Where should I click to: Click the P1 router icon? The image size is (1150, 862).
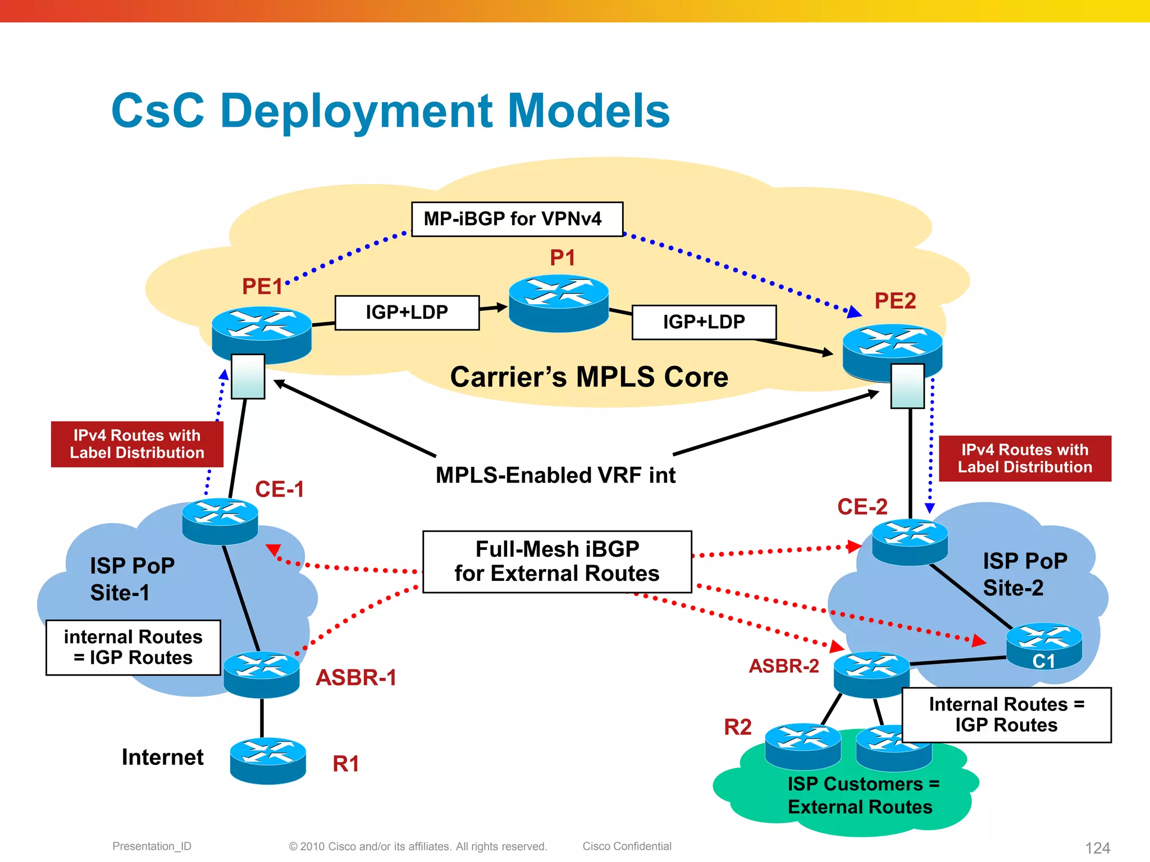[559, 302]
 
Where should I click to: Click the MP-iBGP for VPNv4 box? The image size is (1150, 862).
[517, 219]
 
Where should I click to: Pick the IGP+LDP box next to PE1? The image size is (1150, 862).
[407, 313]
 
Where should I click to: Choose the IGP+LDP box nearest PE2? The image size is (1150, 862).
[704, 322]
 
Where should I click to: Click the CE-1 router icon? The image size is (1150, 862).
[220, 521]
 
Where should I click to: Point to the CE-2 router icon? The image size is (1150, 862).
[910, 541]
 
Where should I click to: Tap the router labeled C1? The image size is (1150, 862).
[1044, 645]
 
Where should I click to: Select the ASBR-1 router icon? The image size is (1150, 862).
[262, 673]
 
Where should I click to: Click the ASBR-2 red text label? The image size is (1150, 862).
[784, 666]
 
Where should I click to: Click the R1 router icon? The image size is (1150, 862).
[268, 760]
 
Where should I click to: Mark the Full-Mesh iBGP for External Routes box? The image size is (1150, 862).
[557, 561]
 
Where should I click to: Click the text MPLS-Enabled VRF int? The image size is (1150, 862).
[555, 475]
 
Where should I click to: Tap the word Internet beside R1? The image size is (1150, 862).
[162, 757]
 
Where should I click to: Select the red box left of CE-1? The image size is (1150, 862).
[137, 444]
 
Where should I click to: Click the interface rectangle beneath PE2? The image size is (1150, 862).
[907, 386]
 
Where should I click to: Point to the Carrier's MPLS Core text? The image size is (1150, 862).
[589, 377]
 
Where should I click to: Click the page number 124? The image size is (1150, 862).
[1097, 847]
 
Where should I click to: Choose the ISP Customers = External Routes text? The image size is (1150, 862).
[862, 795]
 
